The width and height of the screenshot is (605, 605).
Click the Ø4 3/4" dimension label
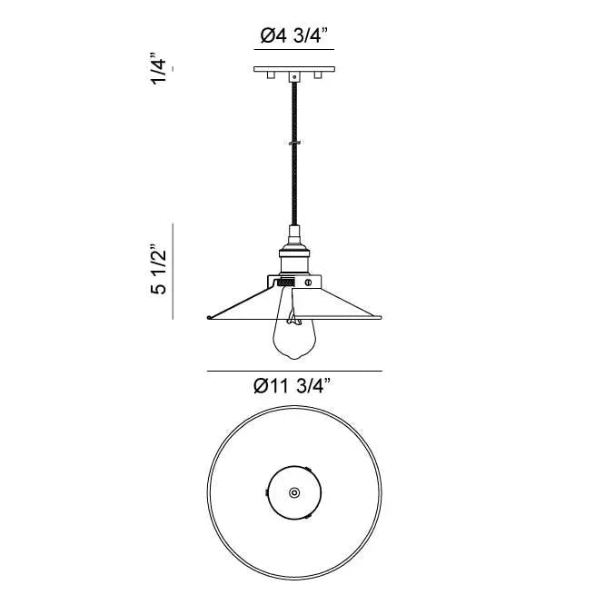point(293,36)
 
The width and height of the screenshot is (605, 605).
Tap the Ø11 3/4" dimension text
point(293,386)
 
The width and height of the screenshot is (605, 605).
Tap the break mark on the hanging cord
point(293,143)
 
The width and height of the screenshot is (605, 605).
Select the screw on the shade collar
point(308,283)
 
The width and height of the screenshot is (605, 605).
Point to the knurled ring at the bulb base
point(285,283)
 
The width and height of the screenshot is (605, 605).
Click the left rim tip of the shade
point(209,317)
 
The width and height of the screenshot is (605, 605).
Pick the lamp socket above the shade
point(293,254)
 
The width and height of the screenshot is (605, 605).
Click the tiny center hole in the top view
point(293,491)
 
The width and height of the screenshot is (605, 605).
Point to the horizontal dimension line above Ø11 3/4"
point(293,371)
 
